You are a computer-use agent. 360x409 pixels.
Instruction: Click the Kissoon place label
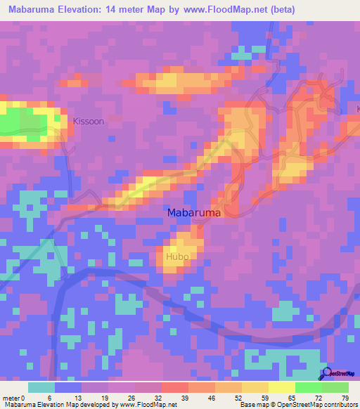pos(89,122)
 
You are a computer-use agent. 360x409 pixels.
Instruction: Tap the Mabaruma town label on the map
pos(194,212)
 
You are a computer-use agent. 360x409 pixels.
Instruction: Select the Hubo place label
pos(177,257)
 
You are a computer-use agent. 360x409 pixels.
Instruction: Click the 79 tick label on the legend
pos(345,398)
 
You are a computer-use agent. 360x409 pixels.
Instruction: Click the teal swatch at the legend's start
pos(41,387)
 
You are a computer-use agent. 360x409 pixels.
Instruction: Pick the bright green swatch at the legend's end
pos(335,387)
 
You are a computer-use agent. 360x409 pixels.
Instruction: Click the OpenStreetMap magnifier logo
pos(326,375)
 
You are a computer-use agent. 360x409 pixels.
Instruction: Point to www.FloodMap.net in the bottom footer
pos(143,405)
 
